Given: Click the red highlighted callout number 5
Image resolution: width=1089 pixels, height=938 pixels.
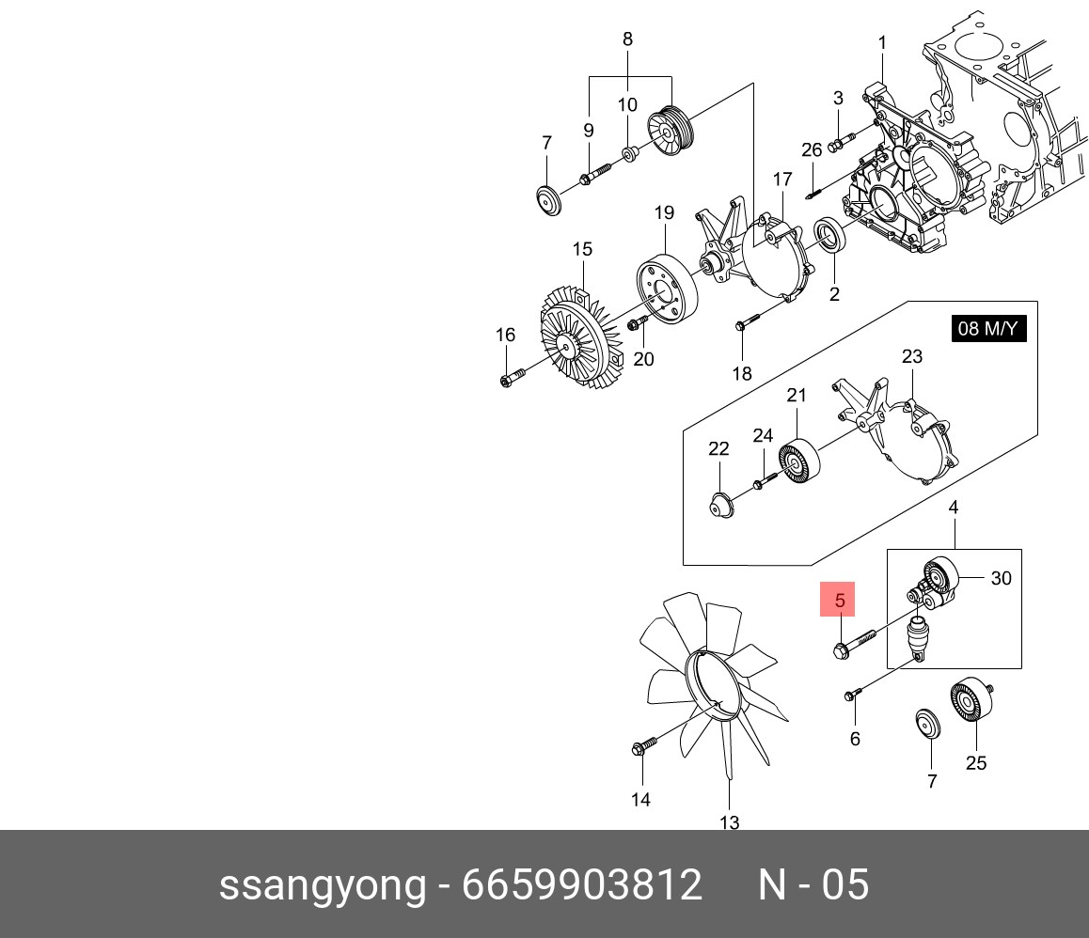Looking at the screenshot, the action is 841,599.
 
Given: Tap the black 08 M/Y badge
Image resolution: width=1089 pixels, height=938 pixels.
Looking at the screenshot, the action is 987,329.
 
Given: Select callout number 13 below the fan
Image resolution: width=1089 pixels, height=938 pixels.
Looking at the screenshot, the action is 730,822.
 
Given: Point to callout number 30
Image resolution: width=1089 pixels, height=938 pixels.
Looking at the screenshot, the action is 1001,578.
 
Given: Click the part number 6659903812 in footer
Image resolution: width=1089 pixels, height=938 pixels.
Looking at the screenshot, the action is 581,885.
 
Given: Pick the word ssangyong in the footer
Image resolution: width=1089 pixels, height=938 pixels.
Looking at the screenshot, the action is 323,885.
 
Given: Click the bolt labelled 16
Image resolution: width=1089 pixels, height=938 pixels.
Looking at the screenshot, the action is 510,380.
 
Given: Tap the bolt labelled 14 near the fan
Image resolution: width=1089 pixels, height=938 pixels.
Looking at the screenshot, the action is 643,746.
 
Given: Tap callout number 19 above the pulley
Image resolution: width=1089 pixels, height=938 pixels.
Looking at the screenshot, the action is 664,213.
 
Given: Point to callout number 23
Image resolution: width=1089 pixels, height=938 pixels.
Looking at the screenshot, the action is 911,356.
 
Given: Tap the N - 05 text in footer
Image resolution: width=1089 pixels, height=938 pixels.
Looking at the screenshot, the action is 813,885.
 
